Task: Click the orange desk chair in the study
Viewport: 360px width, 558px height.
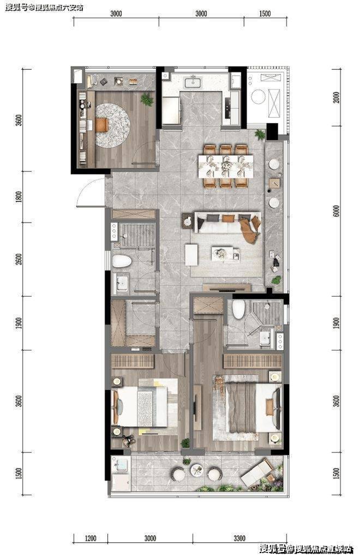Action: (x=101, y=125)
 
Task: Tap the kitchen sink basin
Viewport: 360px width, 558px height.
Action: (x=193, y=82)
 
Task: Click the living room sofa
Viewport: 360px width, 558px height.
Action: (x=227, y=224)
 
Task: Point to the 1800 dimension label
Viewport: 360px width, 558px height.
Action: (x=19, y=197)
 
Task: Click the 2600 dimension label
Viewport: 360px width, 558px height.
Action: (x=19, y=259)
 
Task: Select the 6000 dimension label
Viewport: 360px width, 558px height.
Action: (x=337, y=211)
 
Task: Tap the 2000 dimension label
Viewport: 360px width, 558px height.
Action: (x=337, y=97)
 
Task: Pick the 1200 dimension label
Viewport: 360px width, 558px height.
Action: (x=91, y=538)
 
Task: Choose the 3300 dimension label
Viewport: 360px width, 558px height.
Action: (x=239, y=538)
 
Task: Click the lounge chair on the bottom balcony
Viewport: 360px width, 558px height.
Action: (x=256, y=473)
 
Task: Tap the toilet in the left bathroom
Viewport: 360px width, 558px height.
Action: (x=122, y=261)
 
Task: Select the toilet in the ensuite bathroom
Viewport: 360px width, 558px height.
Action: (x=239, y=309)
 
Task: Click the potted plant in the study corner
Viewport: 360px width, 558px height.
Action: (x=147, y=99)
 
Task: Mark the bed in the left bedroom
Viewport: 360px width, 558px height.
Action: (x=141, y=406)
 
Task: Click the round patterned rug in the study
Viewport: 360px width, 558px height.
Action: (x=113, y=125)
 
